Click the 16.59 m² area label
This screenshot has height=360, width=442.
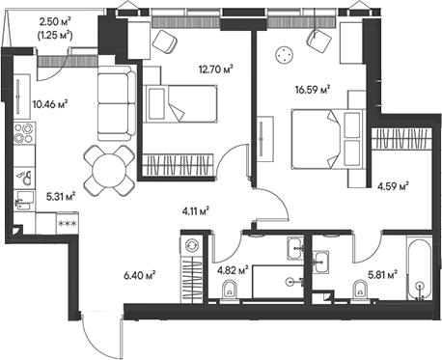[x=311, y=92]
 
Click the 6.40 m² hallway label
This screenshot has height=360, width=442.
[x=141, y=275]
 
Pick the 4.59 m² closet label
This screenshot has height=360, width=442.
[x=393, y=186]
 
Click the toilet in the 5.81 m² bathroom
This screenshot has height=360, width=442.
[x=364, y=291]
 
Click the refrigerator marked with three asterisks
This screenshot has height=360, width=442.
[x=69, y=225]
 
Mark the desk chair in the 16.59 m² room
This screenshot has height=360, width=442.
[x=317, y=39]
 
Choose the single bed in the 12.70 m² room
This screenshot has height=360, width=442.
[x=180, y=99]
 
